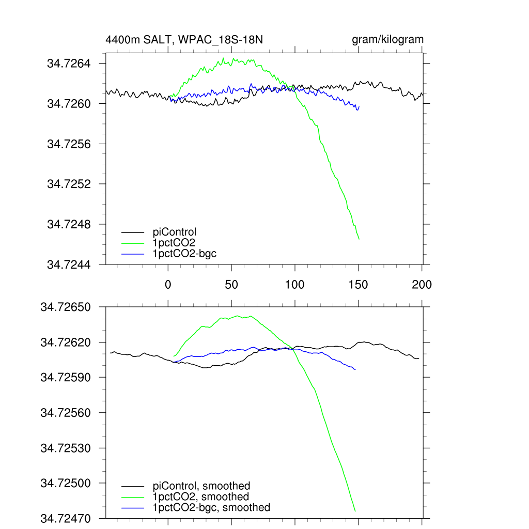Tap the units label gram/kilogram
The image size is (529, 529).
pyautogui.click(x=387, y=39)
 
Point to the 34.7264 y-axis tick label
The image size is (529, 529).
pyautogui.click(x=69, y=64)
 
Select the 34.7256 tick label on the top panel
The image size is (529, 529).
pyautogui.click(x=69, y=144)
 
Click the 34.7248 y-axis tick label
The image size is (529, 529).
pyautogui.click(x=69, y=225)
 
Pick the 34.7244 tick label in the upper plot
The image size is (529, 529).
pyautogui.click(x=69, y=264)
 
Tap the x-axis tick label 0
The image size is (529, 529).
pyautogui.click(x=168, y=284)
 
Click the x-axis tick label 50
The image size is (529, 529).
pyautogui.click(x=231, y=284)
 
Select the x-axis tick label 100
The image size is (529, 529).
pyautogui.click(x=294, y=284)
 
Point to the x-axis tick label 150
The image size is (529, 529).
pyautogui.click(x=358, y=284)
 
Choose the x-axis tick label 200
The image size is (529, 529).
pyautogui.click(x=422, y=284)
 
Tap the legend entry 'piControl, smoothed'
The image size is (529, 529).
pyautogui.click(x=201, y=486)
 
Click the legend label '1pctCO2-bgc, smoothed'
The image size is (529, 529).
pyautogui.click(x=211, y=508)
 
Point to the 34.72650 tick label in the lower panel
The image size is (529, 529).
pyautogui.click(x=66, y=307)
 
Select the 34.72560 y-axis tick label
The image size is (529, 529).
pyautogui.click(x=66, y=413)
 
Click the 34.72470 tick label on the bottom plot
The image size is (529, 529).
pyautogui.click(x=66, y=518)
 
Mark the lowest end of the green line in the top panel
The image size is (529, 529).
pyautogui.click(x=359, y=239)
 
